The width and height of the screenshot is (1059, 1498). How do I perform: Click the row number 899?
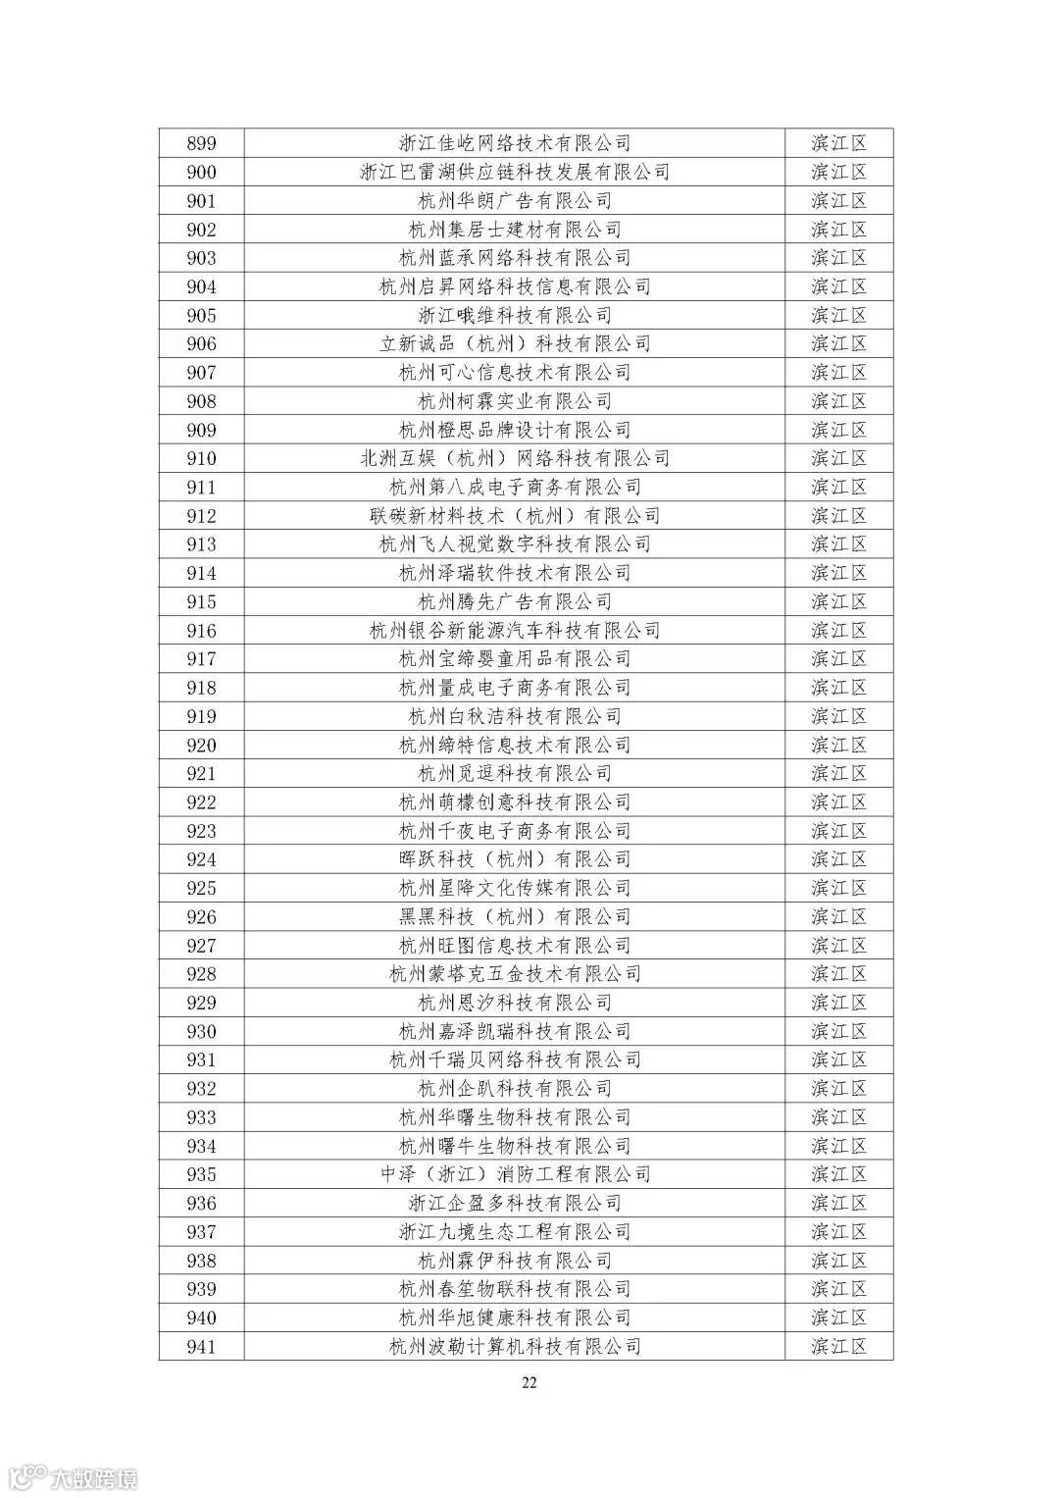[x=201, y=143]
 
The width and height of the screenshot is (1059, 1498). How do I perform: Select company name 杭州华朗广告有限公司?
[x=515, y=201]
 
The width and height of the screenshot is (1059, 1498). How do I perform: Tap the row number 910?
[x=201, y=458]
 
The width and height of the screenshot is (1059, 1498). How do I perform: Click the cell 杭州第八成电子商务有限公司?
[x=515, y=488]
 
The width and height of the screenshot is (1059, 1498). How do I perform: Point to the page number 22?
[x=529, y=1383]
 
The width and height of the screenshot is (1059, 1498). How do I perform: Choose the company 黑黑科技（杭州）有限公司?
[x=515, y=917]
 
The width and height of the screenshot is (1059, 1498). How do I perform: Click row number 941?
[x=201, y=1347]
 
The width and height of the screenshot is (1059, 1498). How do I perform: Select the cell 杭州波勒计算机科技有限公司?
[x=515, y=1347]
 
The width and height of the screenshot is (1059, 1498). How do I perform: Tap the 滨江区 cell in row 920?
[x=839, y=746]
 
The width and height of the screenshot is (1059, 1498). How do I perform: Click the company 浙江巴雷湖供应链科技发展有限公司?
[x=515, y=173]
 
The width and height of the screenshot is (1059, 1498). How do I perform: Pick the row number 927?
[x=201, y=946]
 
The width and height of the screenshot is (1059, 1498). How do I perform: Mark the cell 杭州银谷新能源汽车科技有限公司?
[x=515, y=631]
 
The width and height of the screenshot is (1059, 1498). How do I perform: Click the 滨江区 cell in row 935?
[x=839, y=1174]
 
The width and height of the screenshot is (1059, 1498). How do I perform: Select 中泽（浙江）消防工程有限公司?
[x=515, y=1174]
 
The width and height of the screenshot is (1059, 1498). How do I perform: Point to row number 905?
[x=201, y=315]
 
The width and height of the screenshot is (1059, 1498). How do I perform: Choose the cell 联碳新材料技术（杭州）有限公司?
[x=515, y=516]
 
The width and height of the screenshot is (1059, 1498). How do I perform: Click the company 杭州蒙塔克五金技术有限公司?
[x=515, y=974]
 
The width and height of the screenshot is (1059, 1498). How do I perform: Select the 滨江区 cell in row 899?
[x=839, y=143]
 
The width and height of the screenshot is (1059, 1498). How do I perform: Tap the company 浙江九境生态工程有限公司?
[x=515, y=1232]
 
